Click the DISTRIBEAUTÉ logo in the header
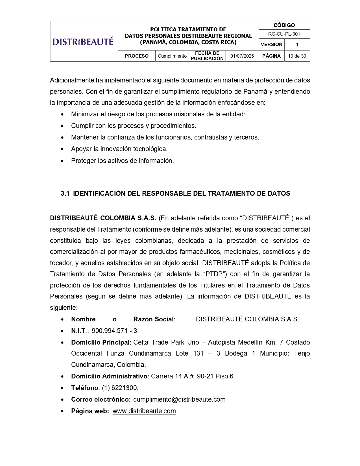pyautogui.click(x=83, y=42)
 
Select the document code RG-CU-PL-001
pyautogui.click(x=284, y=34)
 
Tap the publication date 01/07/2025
pyautogui.click(x=242, y=56)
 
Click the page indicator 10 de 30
pyautogui.click(x=297, y=56)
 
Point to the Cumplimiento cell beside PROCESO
pyautogui.click(x=172, y=56)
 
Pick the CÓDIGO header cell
pyautogui.click(x=284, y=25)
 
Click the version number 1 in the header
pyautogui.click(x=297, y=45)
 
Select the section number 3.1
pyautogui.click(x=65, y=193)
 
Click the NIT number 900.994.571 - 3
pyautogui.click(x=114, y=331)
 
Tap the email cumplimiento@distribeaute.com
pyautogui.click(x=179, y=399)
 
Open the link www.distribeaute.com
pyautogui.click(x=144, y=411)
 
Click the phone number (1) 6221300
pyautogui.click(x=120, y=388)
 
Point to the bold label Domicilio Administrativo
pyautogui.click(x=109, y=376)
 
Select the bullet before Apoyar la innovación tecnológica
pyautogui.click(x=62, y=149)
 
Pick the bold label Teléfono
pyautogui.click(x=84, y=388)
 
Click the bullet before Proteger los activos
pyautogui.click(x=62, y=161)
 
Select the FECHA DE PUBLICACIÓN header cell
pyautogui.click(x=207, y=56)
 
